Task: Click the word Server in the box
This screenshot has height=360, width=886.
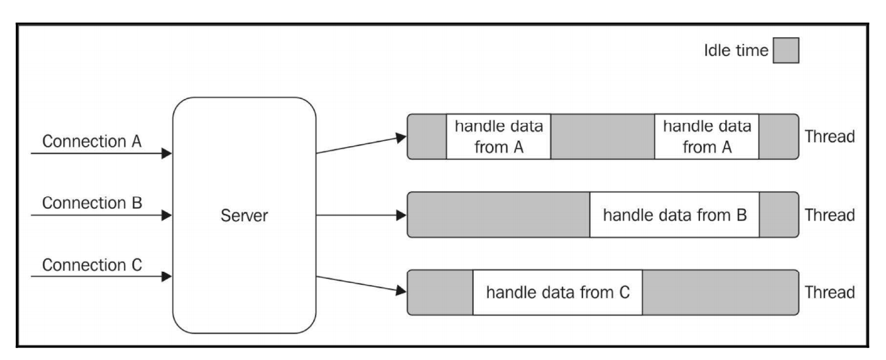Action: (x=244, y=216)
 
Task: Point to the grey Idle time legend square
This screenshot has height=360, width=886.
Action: (x=785, y=51)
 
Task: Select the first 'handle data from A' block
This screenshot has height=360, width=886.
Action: (x=499, y=137)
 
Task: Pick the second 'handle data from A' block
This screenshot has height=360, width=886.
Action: (x=707, y=137)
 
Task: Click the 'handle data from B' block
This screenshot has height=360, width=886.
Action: (x=674, y=215)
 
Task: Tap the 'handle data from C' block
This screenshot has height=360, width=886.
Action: (x=557, y=292)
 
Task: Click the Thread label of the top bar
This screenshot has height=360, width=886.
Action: (x=829, y=137)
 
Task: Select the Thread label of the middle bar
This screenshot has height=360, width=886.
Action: (x=829, y=215)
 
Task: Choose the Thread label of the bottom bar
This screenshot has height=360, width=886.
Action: (x=829, y=292)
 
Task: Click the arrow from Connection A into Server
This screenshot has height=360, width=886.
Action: (x=100, y=154)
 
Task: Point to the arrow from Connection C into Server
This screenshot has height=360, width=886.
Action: (x=100, y=278)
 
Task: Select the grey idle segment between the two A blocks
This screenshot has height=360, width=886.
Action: (x=602, y=137)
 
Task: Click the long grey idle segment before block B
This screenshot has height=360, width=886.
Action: (x=498, y=215)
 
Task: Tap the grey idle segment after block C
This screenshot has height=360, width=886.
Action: (x=720, y=292)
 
